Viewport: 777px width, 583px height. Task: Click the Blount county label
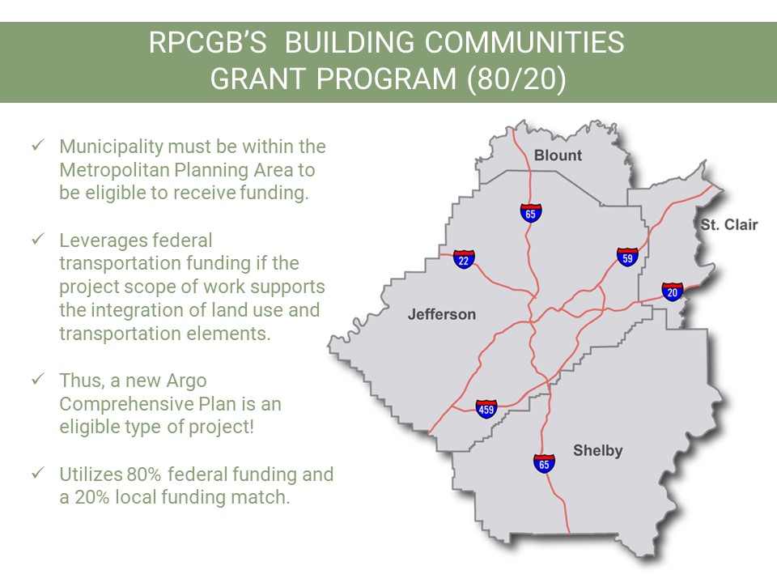coord(558,155)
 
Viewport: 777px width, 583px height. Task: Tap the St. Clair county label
coord(729,224)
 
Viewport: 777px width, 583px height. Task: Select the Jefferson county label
coord(442,314)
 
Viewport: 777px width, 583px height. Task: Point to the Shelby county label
coord(597,451)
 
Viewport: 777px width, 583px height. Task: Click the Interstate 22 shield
coord(464,259)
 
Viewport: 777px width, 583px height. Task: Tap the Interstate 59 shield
coord(627,257)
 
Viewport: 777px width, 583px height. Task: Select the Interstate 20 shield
coord(673,291)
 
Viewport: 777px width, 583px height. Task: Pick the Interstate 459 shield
coord(486,409)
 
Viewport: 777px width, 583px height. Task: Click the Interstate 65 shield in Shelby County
coord(544,463)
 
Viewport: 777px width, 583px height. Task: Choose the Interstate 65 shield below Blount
coord(531,213)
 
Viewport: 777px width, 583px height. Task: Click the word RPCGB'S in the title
coord(208,43)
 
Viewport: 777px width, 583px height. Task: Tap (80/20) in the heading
coord(516,79)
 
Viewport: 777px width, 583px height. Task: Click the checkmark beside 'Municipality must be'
coord(38,145)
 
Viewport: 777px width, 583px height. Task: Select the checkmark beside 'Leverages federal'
coord(38,239)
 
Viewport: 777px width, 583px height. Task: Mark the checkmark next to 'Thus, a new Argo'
coord(38,379)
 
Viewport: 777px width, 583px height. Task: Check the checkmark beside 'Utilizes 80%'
coord(38,473)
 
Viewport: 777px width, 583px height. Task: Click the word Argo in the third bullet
coord(186,381)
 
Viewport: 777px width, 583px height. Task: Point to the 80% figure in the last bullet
coord(144,474)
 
